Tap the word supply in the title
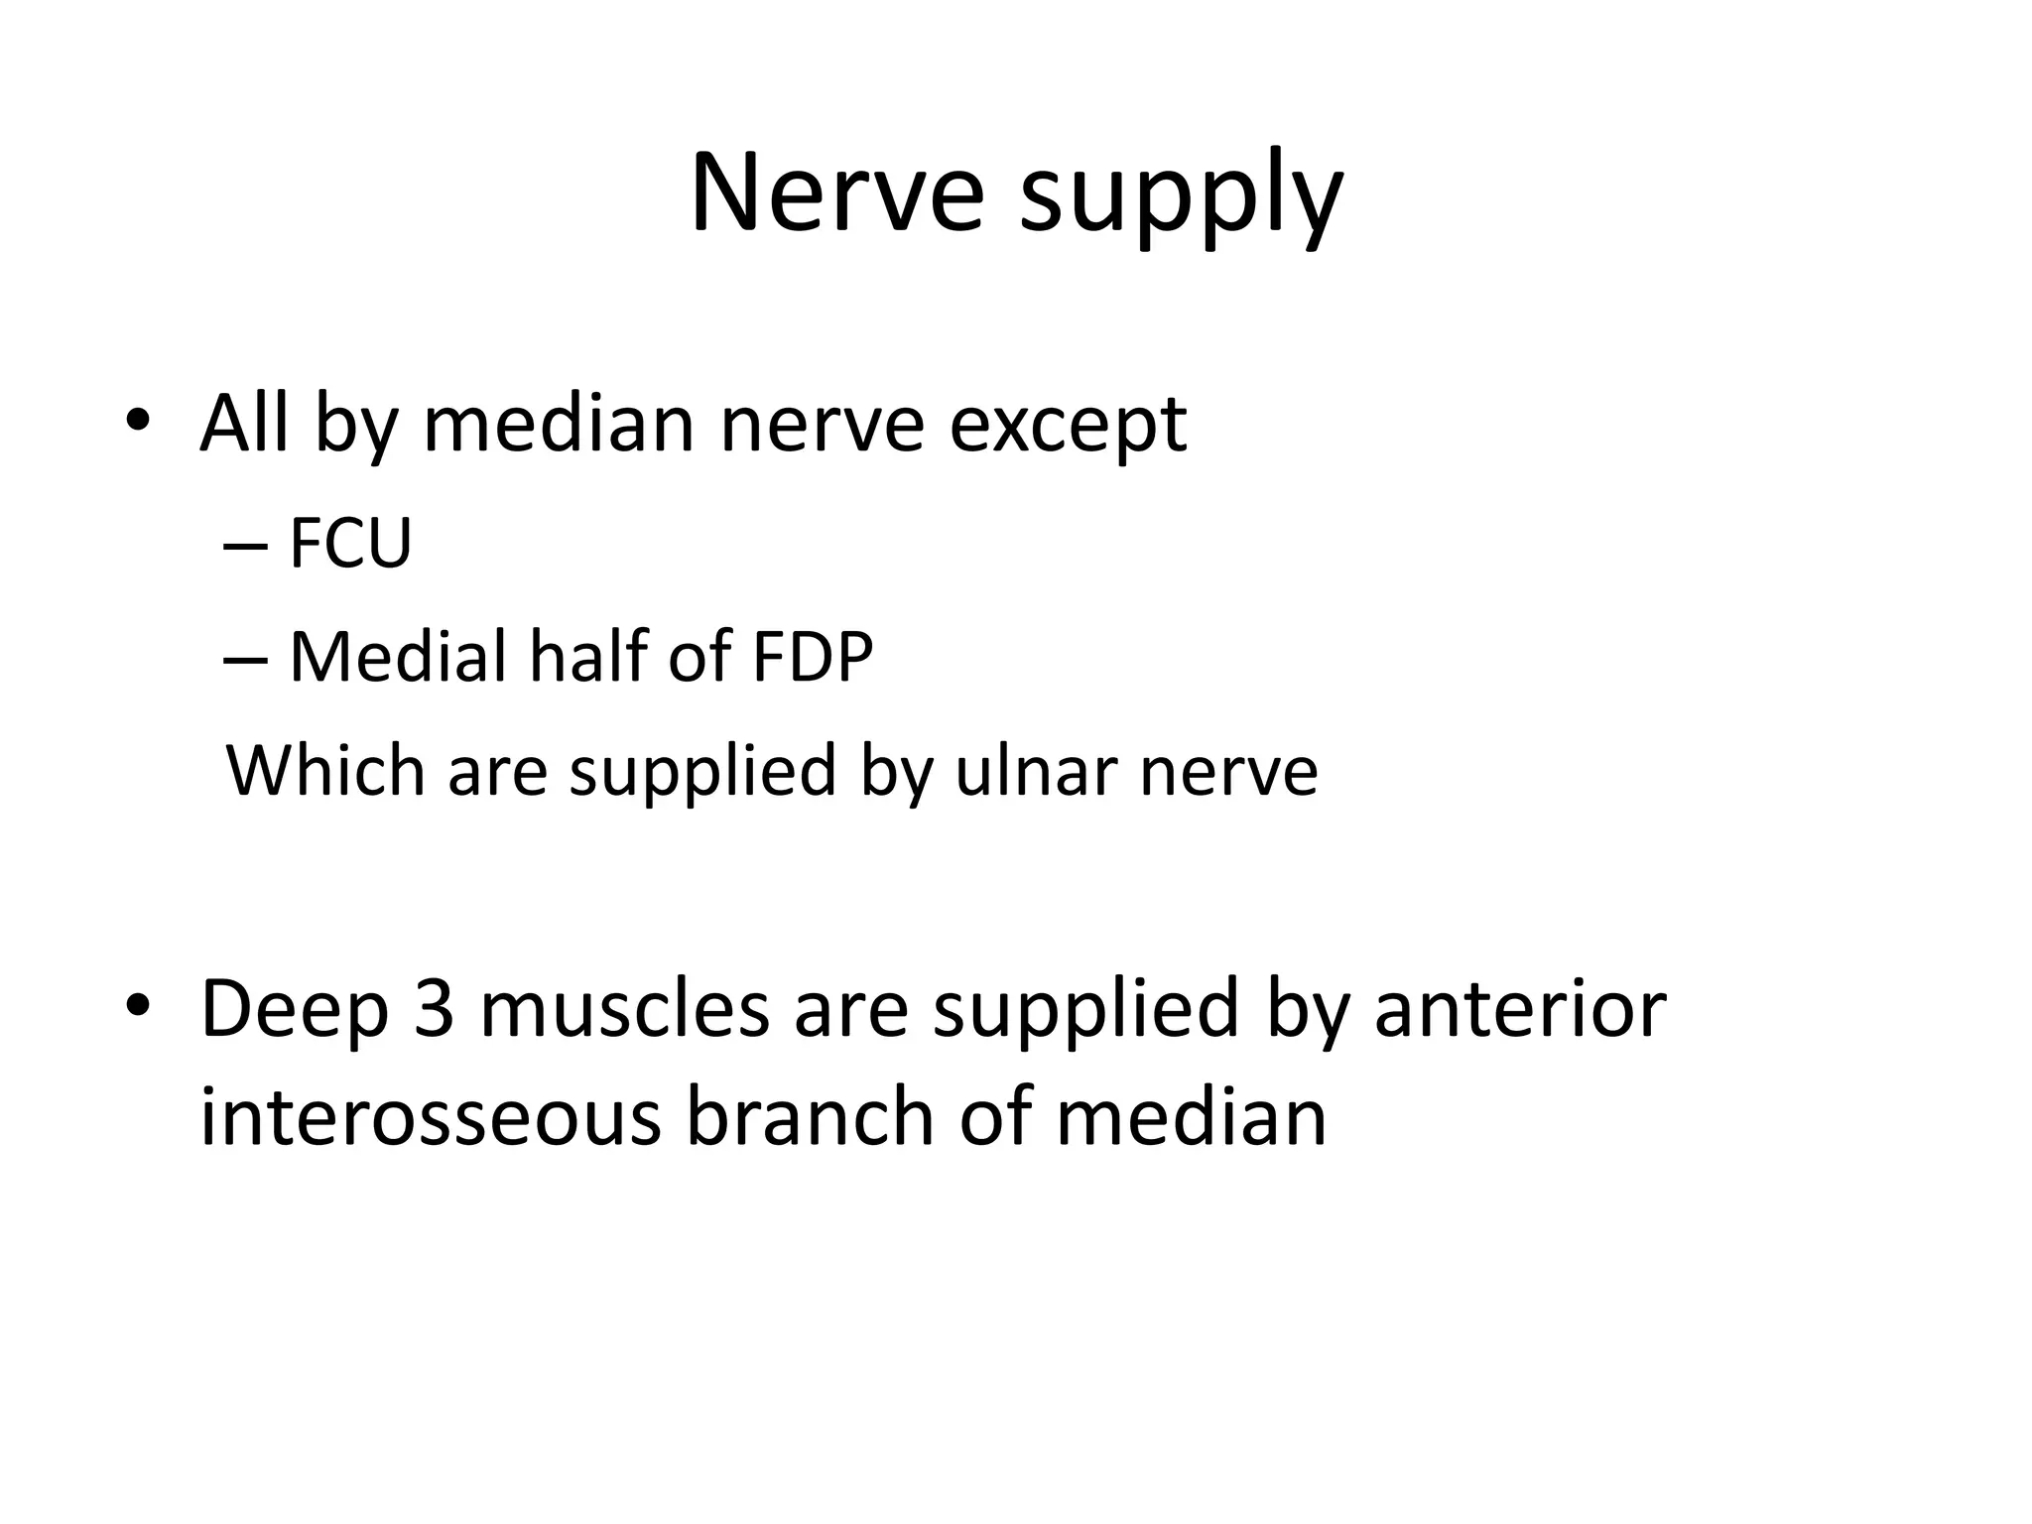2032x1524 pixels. coord(1181,198)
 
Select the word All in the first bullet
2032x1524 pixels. coord(244,425)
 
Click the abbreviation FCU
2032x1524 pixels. coord(350,544)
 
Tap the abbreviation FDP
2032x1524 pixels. coord(813,657)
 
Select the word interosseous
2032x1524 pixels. coord(431,1117)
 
